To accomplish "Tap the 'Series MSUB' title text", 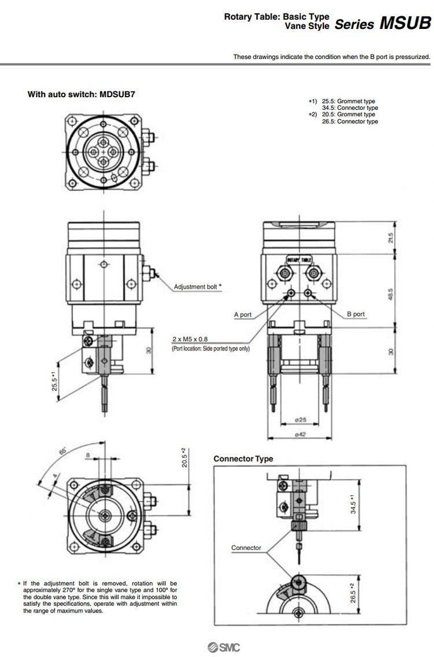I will click(x=382, y=24).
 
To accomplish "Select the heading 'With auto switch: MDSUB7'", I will click(x=82, y=94).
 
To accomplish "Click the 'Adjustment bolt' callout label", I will click(x=197, y=286).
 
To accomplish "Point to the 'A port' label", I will click(x=242, y=315).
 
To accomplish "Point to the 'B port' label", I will click(x=356, y=314).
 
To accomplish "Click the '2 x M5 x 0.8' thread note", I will click(x=198, y=339).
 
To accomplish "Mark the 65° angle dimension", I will click(x=62, y=450).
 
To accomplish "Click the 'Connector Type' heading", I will click(x=243, y=459).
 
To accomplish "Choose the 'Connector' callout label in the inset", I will click(x=246, y=548).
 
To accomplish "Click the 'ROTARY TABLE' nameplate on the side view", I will click(x=299, y=260).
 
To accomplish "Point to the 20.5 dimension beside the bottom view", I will click(x=183, y=458).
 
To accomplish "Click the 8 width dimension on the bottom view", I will click(x=87, y=455).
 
